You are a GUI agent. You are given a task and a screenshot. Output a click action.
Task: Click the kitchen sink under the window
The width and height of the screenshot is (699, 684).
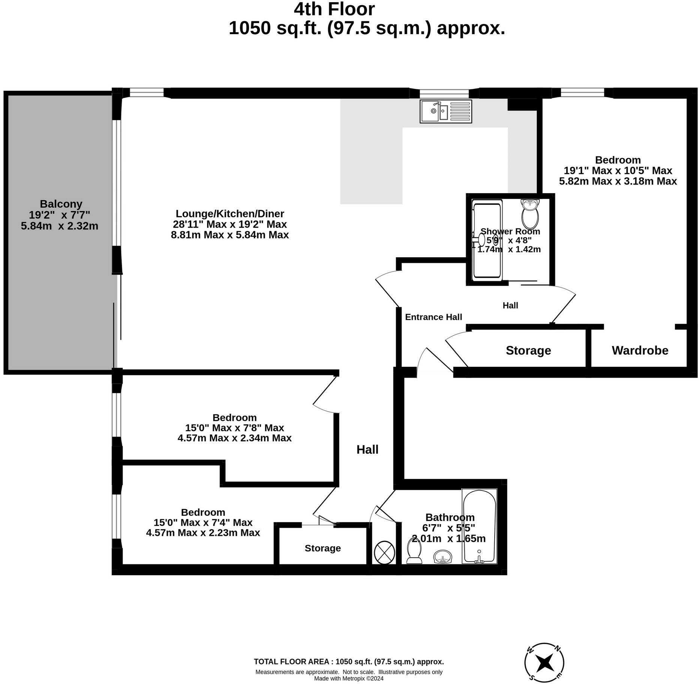(x=445, y=111)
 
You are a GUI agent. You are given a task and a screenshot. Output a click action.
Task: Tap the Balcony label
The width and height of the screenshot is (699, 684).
(x=61, y=204)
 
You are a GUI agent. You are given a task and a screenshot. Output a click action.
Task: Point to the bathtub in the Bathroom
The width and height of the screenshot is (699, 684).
(x=479, y=526)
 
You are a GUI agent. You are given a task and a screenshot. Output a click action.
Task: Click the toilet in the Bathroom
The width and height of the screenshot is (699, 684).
(x=414, y=551)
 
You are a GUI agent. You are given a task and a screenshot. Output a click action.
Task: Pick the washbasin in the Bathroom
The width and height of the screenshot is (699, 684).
(x=443, y=557)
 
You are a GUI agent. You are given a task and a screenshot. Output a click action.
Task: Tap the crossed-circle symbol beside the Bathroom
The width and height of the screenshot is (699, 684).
(x=384, y=552)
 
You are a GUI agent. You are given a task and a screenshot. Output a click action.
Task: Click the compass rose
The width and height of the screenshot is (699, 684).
(x=544, y=663)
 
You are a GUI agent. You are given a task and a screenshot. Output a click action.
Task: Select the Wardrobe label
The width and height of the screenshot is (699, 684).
(x=640, y=350)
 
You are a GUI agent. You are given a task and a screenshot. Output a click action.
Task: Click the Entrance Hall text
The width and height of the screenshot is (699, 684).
(x=433, y=317)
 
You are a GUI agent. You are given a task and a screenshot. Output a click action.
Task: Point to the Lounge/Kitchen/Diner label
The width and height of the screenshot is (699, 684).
(x=230, y=214)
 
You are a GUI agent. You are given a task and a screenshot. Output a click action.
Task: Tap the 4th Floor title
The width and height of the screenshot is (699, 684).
(x=334, y=9)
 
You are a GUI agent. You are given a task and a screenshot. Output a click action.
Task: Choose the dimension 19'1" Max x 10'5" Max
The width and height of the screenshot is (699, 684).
(x=618, y=171)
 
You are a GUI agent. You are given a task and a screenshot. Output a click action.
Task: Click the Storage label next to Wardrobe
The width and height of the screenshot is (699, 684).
(x=528, y=350)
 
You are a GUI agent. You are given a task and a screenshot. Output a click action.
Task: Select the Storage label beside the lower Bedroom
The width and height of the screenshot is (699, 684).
(x=322, y=548)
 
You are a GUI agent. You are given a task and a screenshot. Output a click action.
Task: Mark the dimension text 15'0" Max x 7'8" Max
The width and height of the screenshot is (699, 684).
(x=234, y=427)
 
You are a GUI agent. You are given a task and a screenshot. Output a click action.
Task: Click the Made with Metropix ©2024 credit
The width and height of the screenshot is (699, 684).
(x=349, y=678)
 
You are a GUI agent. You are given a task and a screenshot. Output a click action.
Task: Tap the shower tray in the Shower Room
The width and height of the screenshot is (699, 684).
(x=487, y=240)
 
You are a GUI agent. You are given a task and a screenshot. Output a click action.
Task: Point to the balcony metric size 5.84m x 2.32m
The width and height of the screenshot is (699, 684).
(x=60, y=226)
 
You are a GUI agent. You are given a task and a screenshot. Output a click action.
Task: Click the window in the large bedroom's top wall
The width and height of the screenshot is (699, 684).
(x=582, y=93)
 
